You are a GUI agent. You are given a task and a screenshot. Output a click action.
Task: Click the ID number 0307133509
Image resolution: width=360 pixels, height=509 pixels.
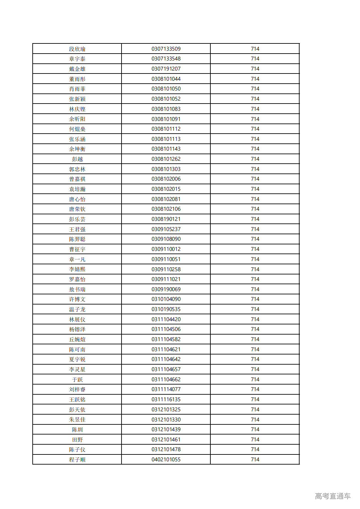pos(166,49)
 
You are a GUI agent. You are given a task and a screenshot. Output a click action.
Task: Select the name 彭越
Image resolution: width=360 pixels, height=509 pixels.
pos(77,159)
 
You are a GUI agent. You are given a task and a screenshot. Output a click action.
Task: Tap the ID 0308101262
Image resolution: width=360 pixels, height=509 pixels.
pos(166,159)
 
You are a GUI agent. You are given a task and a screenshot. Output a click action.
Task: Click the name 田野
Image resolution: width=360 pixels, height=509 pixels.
pos(77,440)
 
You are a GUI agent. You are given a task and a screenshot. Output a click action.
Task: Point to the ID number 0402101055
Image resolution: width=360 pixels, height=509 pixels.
pos(166,460)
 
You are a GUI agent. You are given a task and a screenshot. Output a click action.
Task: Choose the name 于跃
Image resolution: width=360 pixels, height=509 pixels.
pos(77,380)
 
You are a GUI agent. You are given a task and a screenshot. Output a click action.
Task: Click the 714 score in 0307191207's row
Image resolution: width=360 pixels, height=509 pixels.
pos(255,69)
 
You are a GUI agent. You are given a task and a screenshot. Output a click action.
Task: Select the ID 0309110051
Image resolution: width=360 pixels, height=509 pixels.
pos(166,259)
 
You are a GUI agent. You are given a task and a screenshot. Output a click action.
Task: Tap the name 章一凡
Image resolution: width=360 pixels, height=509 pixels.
pos(77,259)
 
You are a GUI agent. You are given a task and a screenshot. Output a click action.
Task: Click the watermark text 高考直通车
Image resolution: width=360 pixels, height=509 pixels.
pos(333,496)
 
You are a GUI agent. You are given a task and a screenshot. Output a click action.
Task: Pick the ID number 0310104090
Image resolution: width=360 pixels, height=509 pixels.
pos(166,299)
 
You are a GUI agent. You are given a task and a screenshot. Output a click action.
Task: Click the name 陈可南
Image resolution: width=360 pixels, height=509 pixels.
pos(77,350)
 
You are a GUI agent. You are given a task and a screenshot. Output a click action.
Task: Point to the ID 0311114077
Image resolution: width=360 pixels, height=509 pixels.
pos(166,389)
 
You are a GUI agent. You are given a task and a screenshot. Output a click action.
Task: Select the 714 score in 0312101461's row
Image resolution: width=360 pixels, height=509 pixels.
pos(255,440)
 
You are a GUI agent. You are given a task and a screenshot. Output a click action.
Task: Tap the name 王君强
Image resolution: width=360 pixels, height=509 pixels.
pos(77,229)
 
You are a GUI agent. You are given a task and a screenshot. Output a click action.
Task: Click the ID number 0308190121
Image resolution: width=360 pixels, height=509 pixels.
pos(166,219)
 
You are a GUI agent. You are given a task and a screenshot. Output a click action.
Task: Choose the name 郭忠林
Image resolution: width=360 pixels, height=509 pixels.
pos(77,169)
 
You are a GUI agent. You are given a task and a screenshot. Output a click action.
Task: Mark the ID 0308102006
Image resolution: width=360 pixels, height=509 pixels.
pos(166,179)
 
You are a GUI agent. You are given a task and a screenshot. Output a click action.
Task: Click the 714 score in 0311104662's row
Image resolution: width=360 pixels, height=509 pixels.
pos(255,380)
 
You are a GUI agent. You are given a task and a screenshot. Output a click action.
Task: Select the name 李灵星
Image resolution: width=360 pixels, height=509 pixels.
pos(77,369)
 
